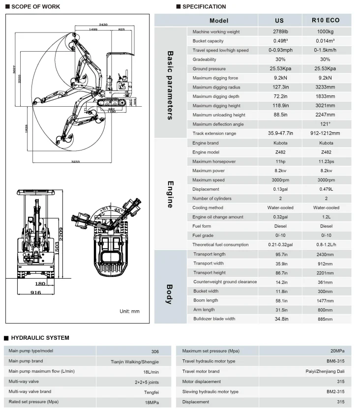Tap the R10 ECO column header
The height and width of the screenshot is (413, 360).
click(x=326, y=21)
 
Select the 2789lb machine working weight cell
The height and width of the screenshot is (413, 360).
click(x=279, y=32)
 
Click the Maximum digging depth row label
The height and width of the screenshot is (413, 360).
click(x=216, y=96)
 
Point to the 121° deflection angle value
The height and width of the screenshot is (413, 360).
click(x=326, y=124)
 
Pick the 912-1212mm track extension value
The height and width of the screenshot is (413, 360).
click(x=326, y=133)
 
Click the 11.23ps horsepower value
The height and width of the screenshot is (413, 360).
click(x=326, y=161)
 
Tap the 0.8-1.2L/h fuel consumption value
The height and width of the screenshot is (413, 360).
click(x=326, y=244)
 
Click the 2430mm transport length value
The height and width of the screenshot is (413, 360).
click(x=326, y=254)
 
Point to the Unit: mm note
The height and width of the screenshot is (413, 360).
click(x=130, y=311)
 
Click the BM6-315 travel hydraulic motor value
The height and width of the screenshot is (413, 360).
click(x=338, y=361)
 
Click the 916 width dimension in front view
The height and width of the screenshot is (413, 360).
click(x=35, y=293)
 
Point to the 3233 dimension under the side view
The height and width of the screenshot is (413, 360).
click(x=76, y=161)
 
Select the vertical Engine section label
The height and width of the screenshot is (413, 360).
click(x=170, y=194)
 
